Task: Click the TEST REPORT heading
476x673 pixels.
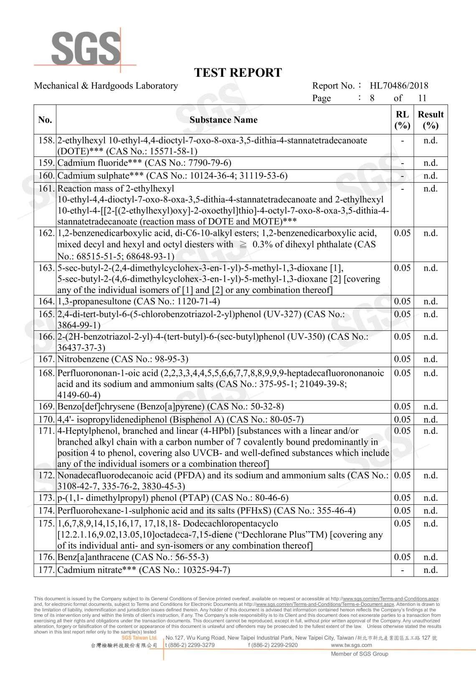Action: pyautogui.click(x=238, y=73)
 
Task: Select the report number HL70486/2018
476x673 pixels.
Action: pyautogui.click(x=399, y=86)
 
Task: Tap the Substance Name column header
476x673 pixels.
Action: pyautogui.click(x=223, y=120)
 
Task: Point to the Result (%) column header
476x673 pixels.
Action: pyautogui.click(x=430, y=120)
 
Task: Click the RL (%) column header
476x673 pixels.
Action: pyautogui.click(x=402, y=120)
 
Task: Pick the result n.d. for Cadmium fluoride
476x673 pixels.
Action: pyautogui.click(x=430, y=163)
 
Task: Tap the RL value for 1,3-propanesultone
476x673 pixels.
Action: pyautogui.click(x=402, y=301)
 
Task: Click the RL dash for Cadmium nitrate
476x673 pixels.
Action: pyautogui.click(x=402, y=570)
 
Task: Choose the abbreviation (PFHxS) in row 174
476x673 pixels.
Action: pyautogui.click(x=254, y=511)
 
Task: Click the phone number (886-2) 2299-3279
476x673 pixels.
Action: pyautogui.click(x=192, y=645)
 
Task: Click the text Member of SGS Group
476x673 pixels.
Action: pyautogui.click(x=360, y=654)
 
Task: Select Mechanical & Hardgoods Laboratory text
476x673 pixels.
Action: pyautogui.click(x=106, y=86)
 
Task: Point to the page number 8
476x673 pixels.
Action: pyautogui.click(x=372, y=98)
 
